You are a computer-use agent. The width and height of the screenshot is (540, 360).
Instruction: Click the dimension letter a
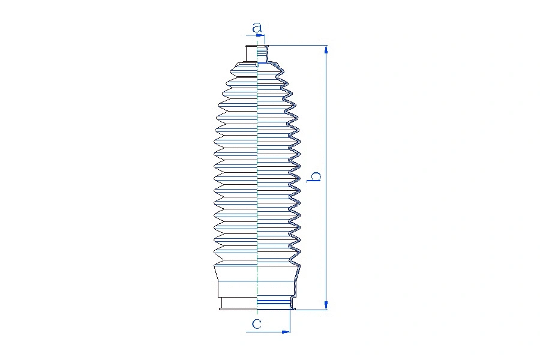click(x=257, y=28)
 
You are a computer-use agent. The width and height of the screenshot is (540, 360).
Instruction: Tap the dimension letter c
click(x=257, y=324)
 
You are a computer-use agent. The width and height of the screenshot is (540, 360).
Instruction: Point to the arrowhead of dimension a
click(x=262, y=35)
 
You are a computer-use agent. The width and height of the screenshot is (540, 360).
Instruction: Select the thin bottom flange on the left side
click(x=237, y=309)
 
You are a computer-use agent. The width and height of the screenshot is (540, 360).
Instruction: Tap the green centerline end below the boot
click(x=257, y=313)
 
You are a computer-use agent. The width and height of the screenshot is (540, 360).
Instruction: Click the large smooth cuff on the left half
click(x=236, y=281)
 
